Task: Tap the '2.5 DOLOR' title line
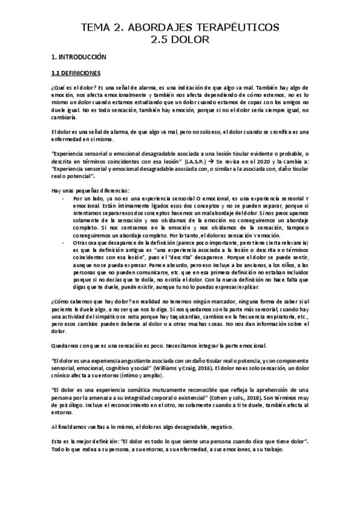tap(180, 40)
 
